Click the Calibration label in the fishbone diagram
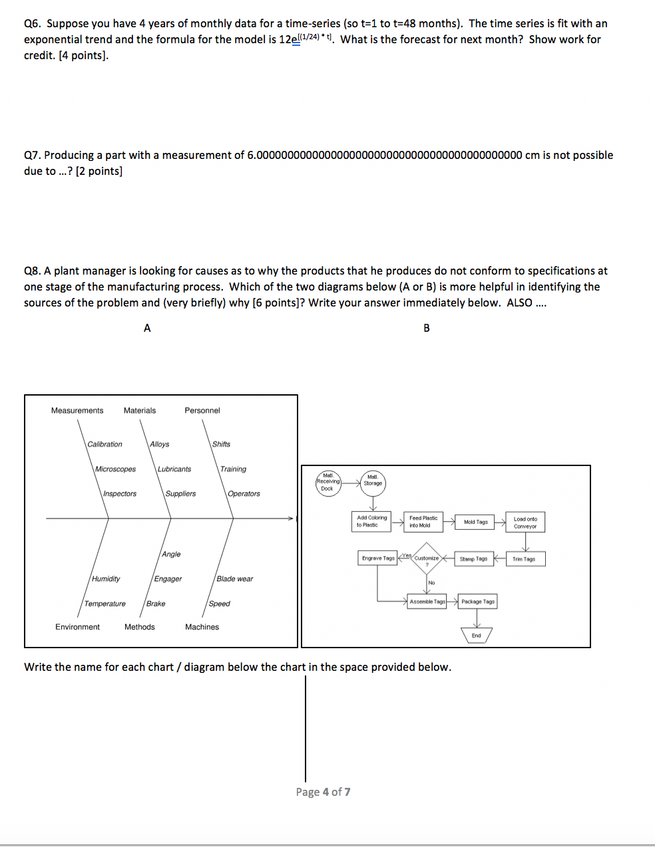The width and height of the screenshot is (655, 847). (105, 444)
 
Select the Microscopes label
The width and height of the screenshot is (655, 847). (115, 469)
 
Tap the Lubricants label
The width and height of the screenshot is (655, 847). (174, 469)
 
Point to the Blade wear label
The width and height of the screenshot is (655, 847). (234, 579)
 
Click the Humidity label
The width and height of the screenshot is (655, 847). (106, 579)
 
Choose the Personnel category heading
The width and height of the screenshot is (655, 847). (202, 411)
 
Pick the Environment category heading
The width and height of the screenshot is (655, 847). (77, 627)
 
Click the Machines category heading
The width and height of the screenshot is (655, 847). (202, 627)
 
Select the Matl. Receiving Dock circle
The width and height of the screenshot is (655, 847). (327, 482)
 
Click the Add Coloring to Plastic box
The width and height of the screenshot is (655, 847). (371, 521)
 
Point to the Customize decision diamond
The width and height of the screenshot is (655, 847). (426, 558)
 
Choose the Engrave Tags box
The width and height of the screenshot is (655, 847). (378, 558)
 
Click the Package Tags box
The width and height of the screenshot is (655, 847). (478, 602)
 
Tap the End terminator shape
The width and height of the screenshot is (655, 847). (477, 636)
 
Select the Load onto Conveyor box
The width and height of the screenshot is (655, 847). (525, 523)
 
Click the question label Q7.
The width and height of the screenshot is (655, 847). (32, 156)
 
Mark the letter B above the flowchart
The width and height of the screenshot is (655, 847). (427, 328)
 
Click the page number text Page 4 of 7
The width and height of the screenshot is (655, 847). (323, 792)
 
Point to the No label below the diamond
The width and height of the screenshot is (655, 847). (431, 583)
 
